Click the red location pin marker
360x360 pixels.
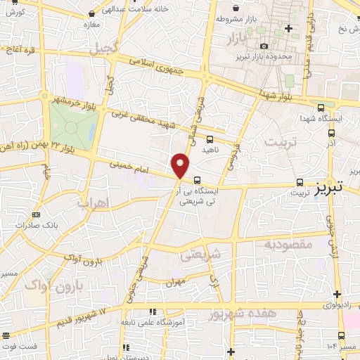click(181, 166)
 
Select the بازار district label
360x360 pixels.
click(240, 39)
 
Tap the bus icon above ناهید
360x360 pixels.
click(210, 139)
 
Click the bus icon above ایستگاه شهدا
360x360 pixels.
click(321, 108)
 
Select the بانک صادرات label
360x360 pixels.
click(56, 226)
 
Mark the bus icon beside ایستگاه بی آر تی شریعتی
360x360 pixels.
click(196, 179)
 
